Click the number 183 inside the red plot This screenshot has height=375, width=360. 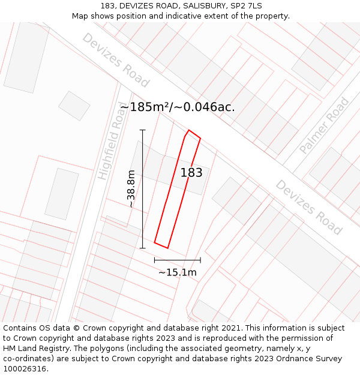pyautogui.click(x=191, y=173)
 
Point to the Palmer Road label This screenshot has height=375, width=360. pyautogui.click(x=324, y=126)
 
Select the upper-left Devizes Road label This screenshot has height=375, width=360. pyautogui.click(x=116, y=59)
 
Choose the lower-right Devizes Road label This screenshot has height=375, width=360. pyautogui.click(x=309, y=207)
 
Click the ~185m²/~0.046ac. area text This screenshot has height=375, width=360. pyautogui.click(x=178, y=107)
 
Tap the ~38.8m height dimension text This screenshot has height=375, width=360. pyautogui.click(x=131, y=188)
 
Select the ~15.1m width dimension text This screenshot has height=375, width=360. pyautogui.click(x=178, y=272)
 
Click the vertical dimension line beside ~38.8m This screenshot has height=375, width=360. pyautogui.click(x=143, y=188)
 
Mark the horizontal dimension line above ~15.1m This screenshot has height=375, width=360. pyautogui.click(x=178, y=260)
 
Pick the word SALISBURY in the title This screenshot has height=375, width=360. pyautogui.click(x=198, y=6)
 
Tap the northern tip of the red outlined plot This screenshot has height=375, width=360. pyautogui.click(x=189, y=130)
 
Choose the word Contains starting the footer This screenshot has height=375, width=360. pyautogui.click(x=21, y=328)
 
